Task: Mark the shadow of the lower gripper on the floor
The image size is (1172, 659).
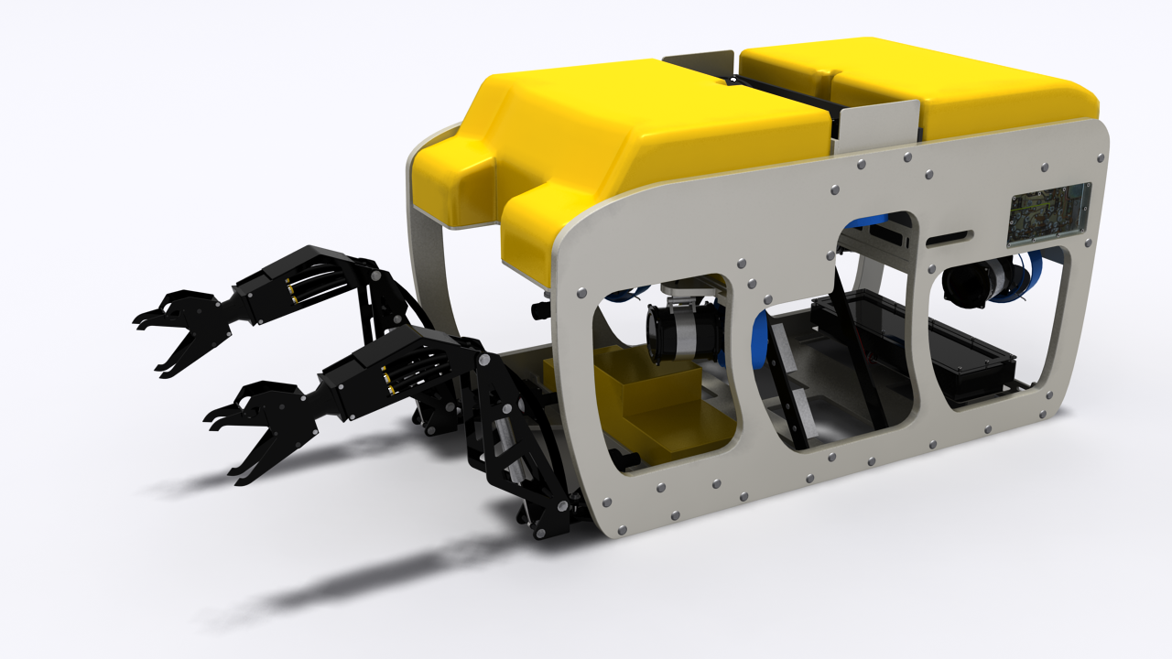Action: [366, 577]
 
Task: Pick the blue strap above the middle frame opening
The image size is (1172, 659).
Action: [870, 221]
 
